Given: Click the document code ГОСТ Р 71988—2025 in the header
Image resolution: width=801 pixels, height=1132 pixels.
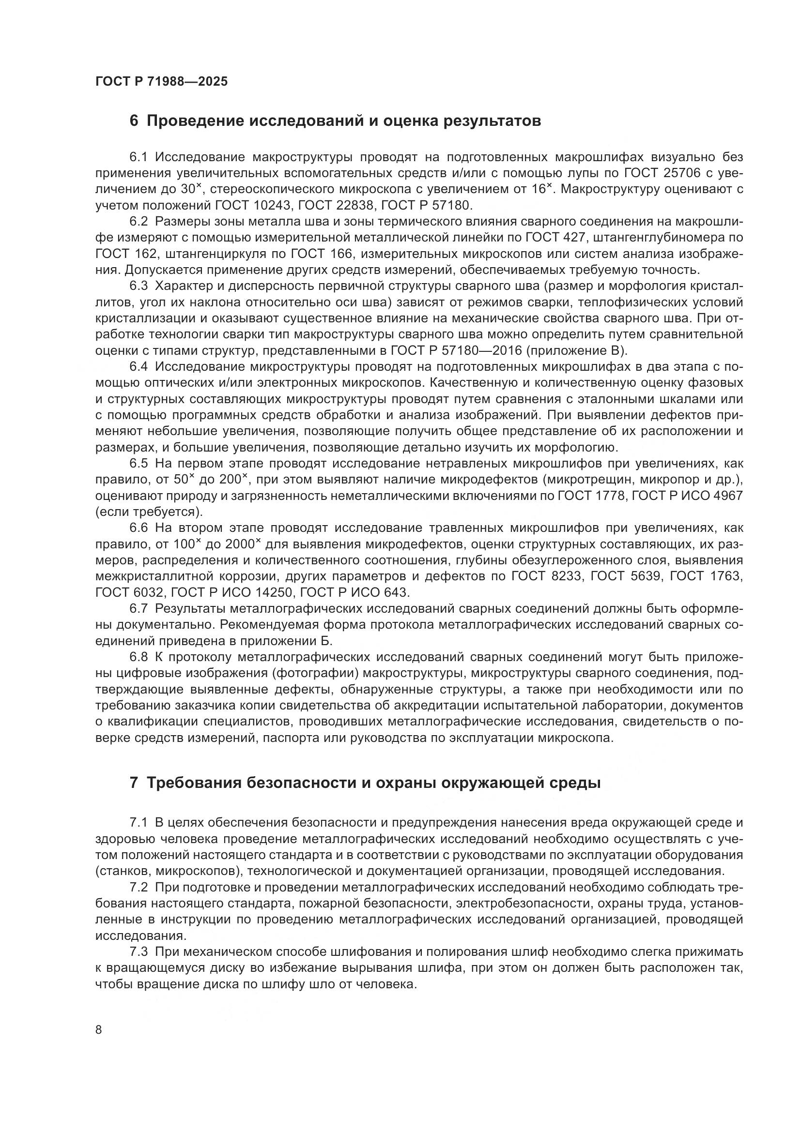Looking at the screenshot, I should click(x=161, y=81).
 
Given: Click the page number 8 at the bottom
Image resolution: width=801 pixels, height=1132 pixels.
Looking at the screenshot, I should click(x=99, y=1030).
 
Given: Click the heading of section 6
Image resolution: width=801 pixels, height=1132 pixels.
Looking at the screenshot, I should click(x=335, y=121).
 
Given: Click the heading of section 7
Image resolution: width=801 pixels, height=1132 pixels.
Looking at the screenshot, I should click(x=365, y=783).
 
